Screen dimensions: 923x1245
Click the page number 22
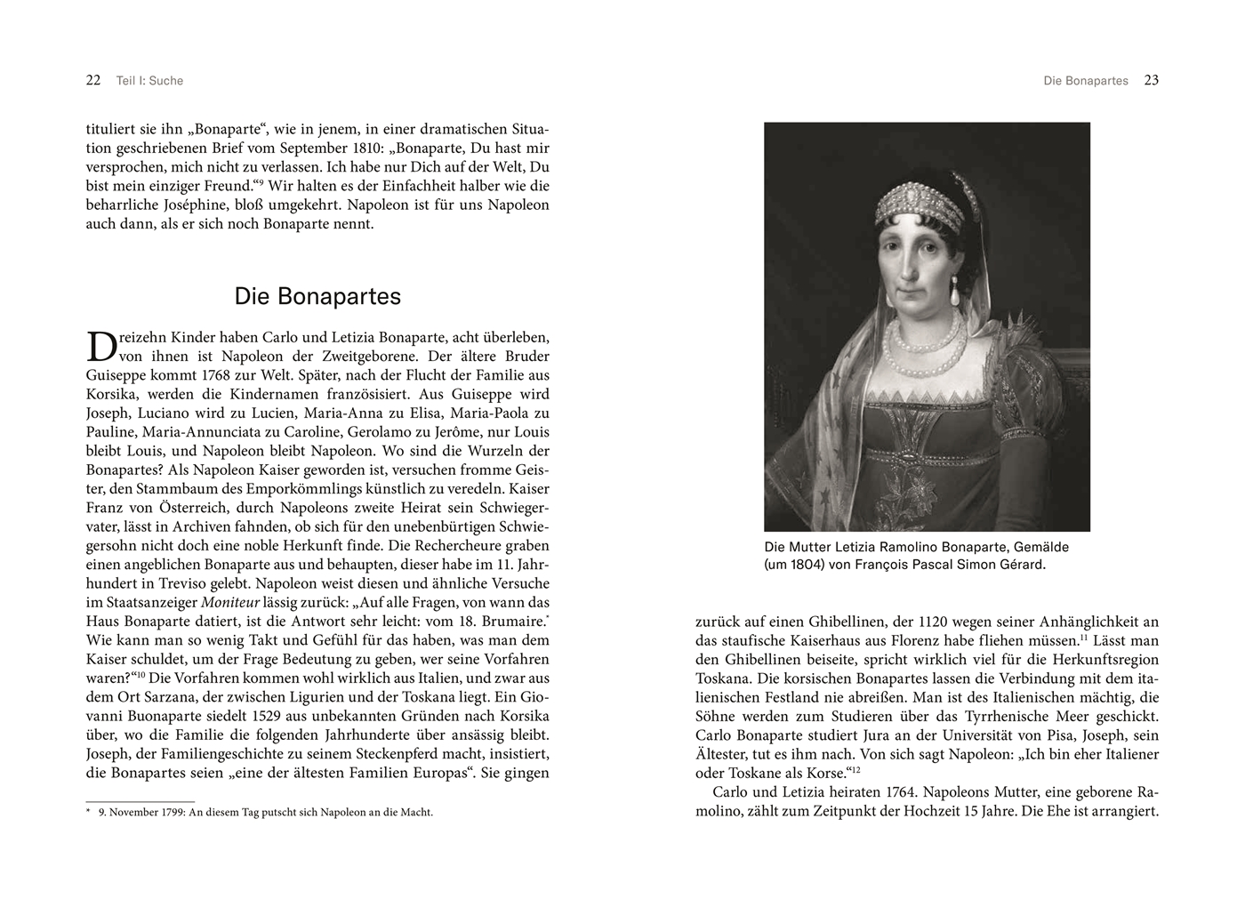[x=93, y=80]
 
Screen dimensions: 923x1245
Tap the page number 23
[x=1151, y=80]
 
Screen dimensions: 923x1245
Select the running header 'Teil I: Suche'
[x=149, y=81]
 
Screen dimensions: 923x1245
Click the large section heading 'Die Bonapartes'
[x=317, y=296]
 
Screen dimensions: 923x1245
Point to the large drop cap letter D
[x=102, y=346]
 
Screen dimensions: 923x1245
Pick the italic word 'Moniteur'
[x=231, y=602]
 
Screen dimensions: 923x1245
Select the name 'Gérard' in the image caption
[x=1020, y=565]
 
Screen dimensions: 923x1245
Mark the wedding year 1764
[x=904, y=792]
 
